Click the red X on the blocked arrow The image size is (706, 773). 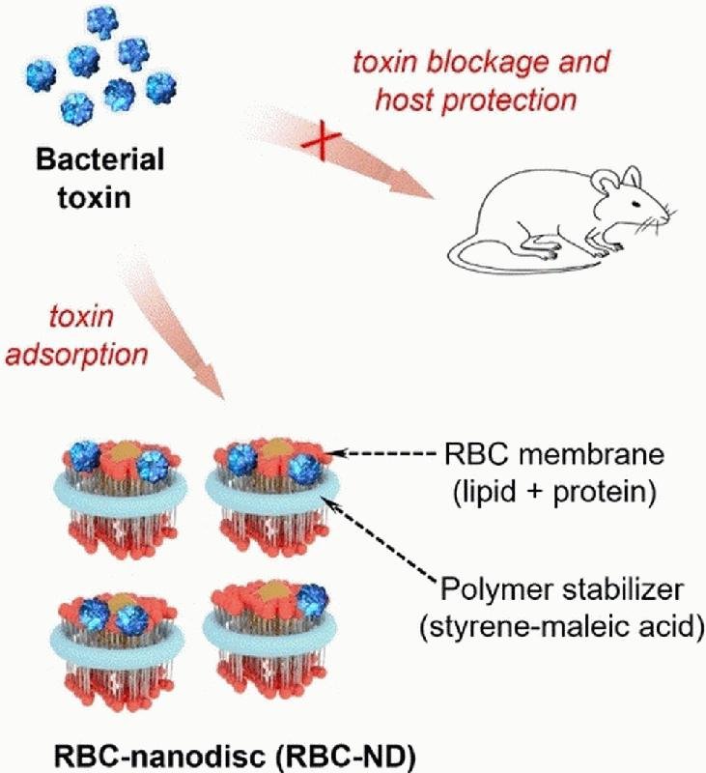tap(313, 145)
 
